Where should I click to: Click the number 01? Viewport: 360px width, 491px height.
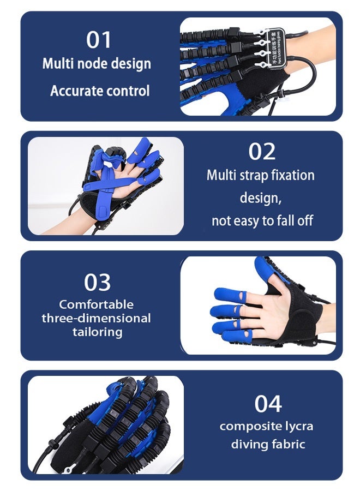(x=99, y=40)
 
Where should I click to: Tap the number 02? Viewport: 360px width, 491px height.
(x=262, y=151)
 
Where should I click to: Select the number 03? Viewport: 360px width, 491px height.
(x=97, y=282)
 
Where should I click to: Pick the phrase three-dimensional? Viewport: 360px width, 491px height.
(x=97, y=318)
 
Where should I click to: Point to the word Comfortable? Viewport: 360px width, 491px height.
(x=97, y=304)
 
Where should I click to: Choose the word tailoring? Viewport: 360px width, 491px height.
(x=98, y=332)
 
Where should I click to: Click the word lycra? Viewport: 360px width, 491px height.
(x=297, y=426)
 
